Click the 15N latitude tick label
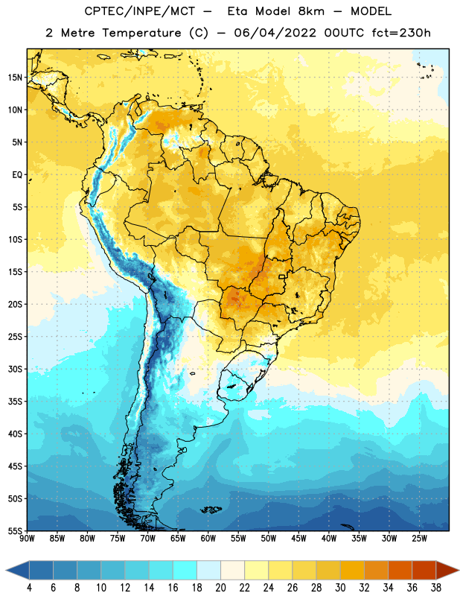pyautogui.click(x=15, y=77)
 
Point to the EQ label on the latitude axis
pyautogui.click(x=17, y=175)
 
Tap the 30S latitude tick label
pyautogui.click(x=15, y=369)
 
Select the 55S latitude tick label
pyautogui.click(x=15, y=530)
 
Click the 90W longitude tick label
pyautogui.click(x=27, y=539)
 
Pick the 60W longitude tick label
pyautogui.click(x=208, y=539)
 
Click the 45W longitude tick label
pyautogui.click(x=298, y=539)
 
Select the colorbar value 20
pyautogui.click(x=220, y=588)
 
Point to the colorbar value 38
pyautogui.click(x=435, y=588)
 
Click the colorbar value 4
pyautogui.click(x=29, y=588)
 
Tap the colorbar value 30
pyautogui.click(x=340, y=588)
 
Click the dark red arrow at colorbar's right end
pyautogui.click(x=447, y=570)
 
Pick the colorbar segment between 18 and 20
pyautogui.click(x=208, y=570)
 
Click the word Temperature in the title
pyautogui.click(x=141, y=33)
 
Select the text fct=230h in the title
pyautogui.click(x=400, y=33)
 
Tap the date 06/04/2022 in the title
pyautogui.click(x=275, y=33)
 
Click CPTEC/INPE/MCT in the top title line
pyautogui.click(x=139, y=11)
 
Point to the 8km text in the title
pyautogui.click(x=311, y=11)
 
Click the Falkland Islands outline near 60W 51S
pyautogui.click(x=211, y=510)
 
